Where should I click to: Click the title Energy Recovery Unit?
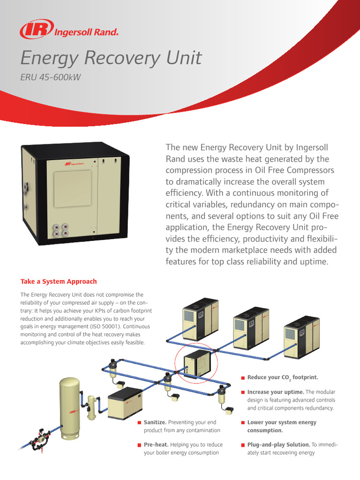tap(111, 58)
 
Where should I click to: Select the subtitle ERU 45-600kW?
tap(51, 77)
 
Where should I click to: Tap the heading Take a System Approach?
tap(59, 281)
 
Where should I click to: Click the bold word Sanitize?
tap(155, 422)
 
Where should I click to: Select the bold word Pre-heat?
tap(156, 444)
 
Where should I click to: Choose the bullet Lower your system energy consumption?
tap(281, 426)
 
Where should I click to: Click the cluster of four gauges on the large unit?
tap(60, 229)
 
